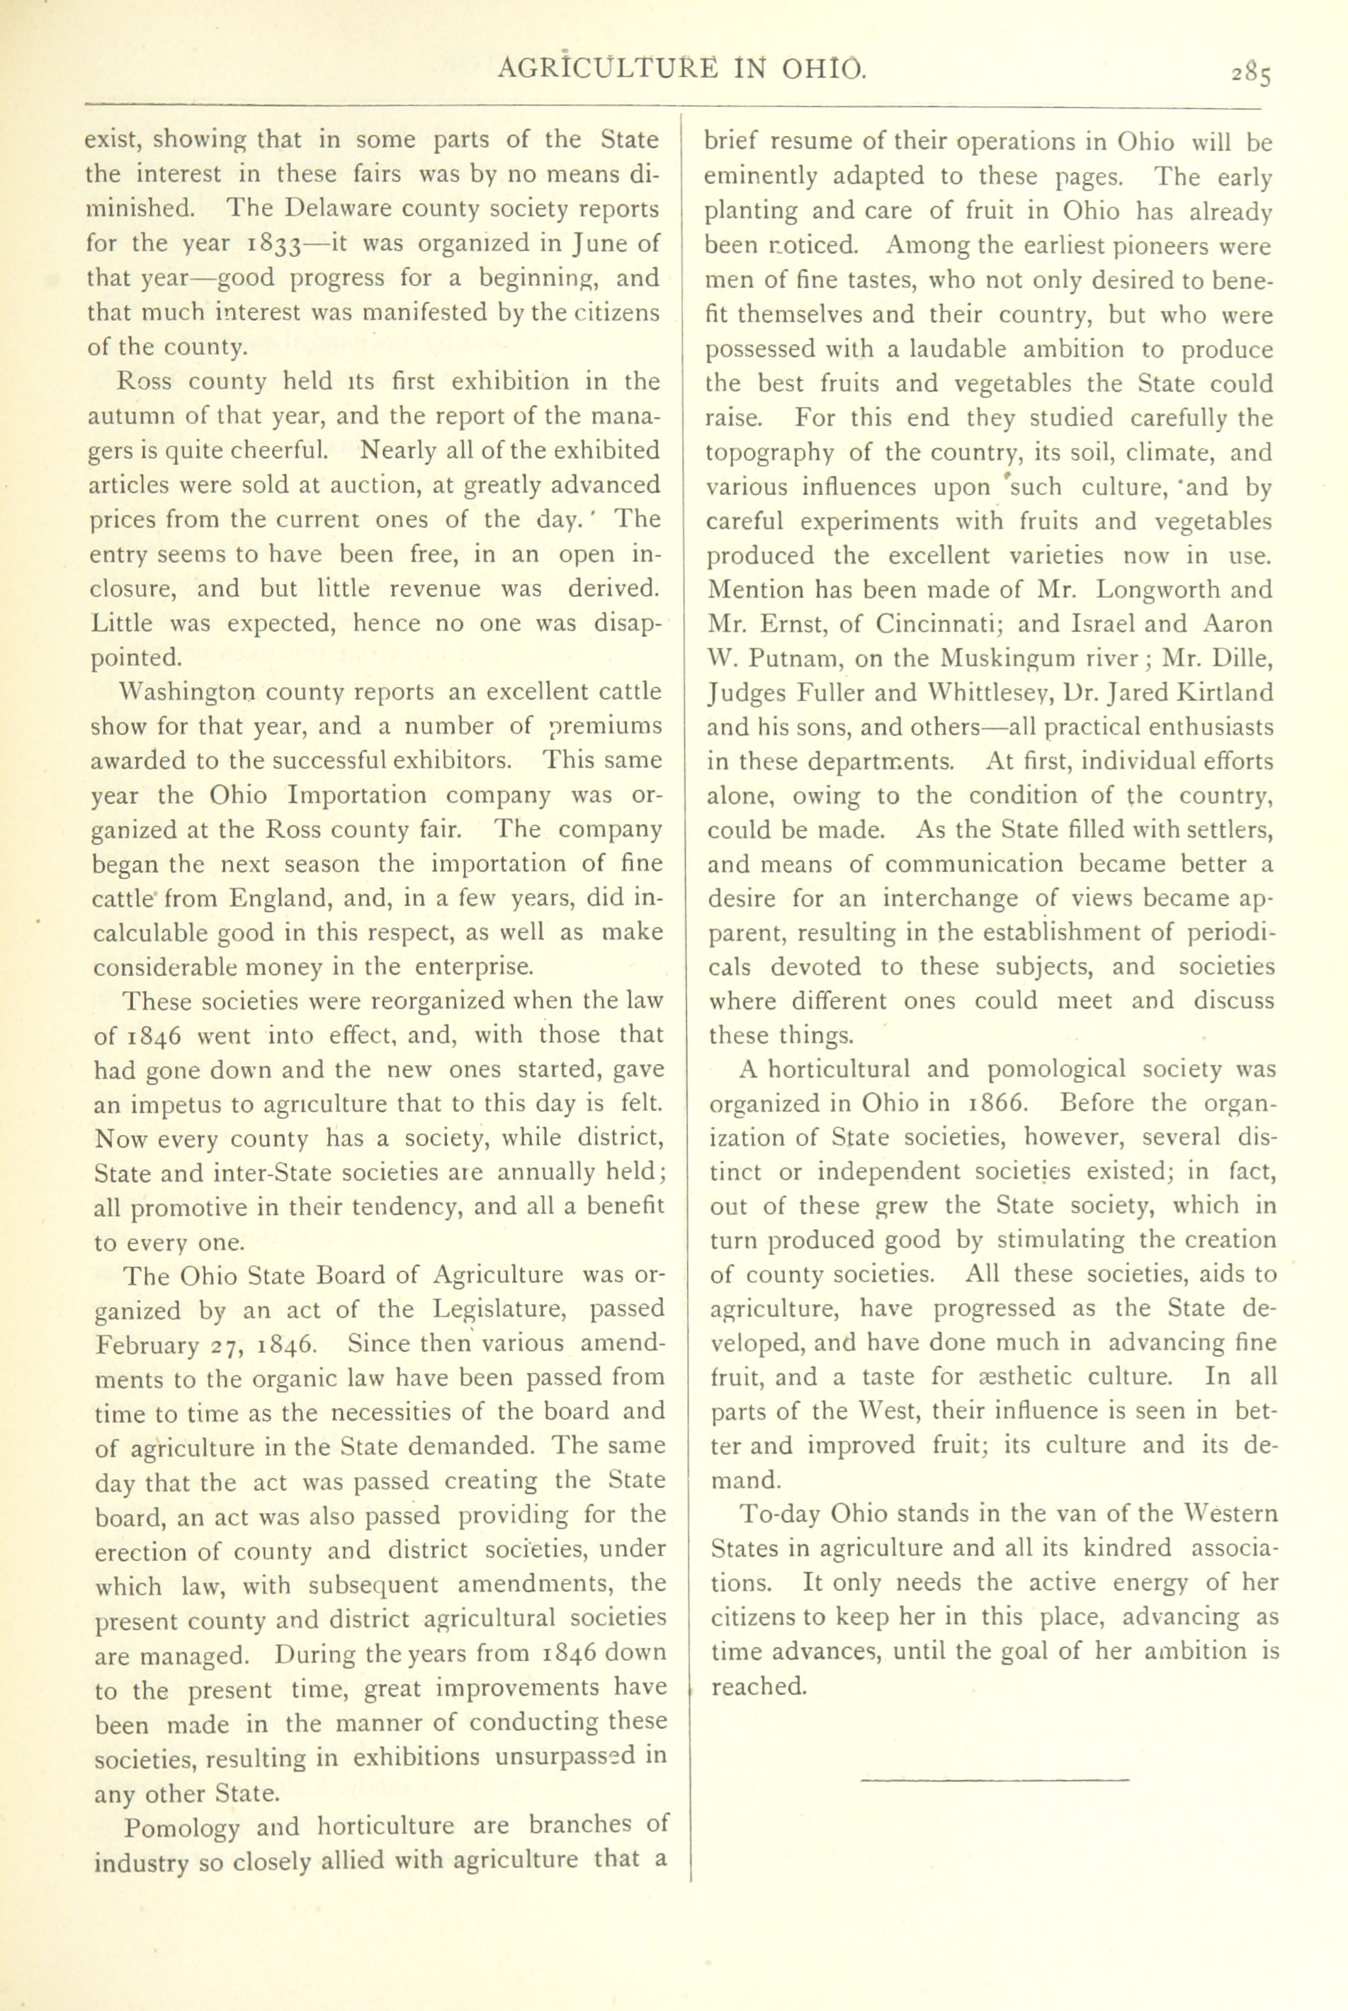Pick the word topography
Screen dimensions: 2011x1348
(x=769, y=454)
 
